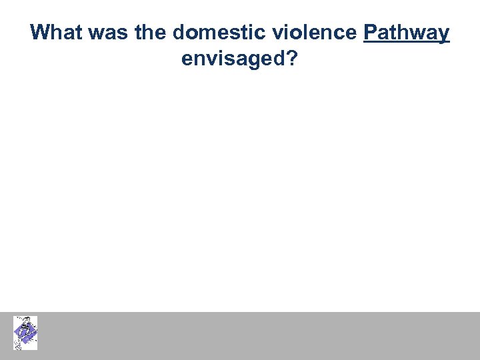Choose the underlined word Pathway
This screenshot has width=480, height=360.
coord(407,33)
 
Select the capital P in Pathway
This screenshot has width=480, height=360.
coord(371,33)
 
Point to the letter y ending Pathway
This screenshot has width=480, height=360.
coord(443,35)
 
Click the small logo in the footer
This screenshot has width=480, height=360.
coord(25,333)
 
